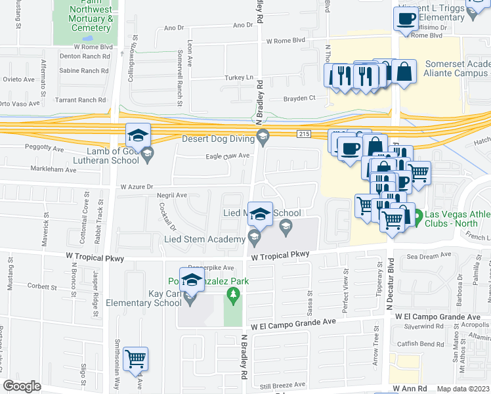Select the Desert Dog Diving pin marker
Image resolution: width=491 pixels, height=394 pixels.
263,138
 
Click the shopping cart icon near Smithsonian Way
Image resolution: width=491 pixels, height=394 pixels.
136,360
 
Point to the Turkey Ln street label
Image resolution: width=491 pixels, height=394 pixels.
240,77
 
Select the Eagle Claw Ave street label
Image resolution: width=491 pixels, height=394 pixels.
228,156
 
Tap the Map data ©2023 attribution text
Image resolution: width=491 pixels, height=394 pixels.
462,389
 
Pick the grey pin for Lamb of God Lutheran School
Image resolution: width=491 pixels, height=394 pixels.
148,155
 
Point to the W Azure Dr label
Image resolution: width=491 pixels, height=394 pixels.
136,186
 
